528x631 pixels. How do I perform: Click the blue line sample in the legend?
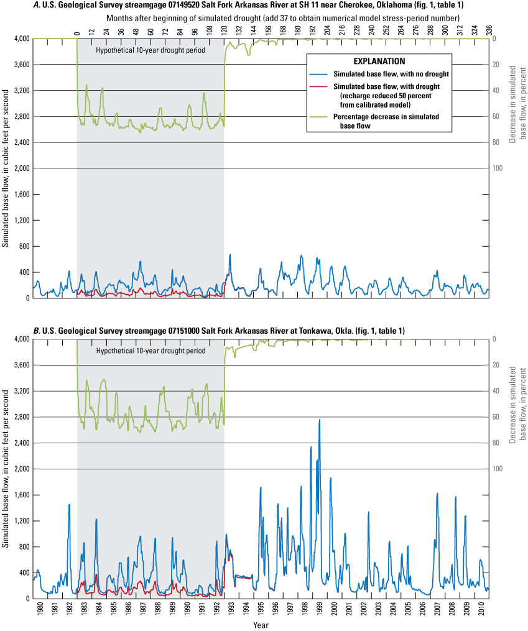(321, 74)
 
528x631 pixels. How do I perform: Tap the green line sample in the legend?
(321, 116)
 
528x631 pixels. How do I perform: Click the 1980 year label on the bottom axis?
(40, 613)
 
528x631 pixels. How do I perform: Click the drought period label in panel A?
(151, 49)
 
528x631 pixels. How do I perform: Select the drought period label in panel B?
(151, 351)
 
